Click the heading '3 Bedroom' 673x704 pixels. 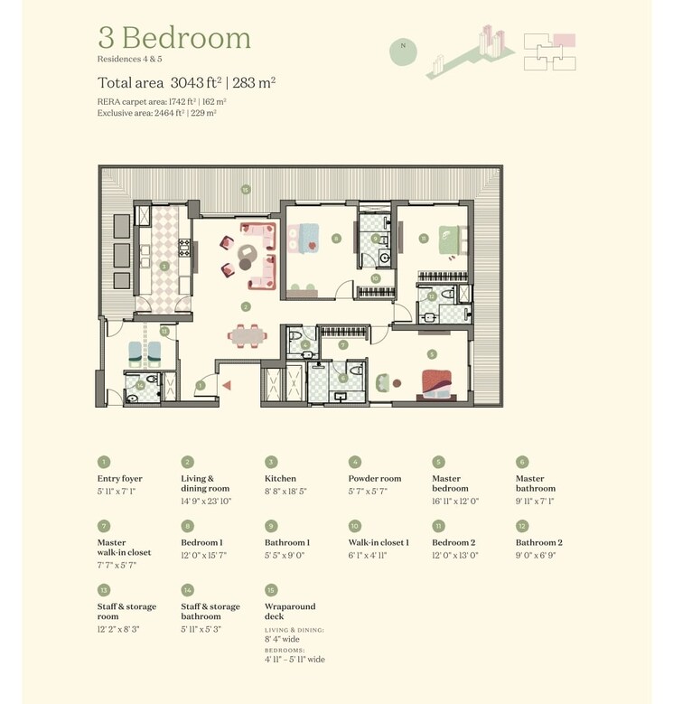(x=173, y=38)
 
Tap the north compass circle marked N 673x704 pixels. (x=403, y=51)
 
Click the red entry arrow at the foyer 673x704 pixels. (x=227, y=385)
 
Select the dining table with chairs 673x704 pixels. (x=247, y=335)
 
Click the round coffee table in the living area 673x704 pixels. (x=246, y=265)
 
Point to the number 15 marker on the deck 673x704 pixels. (x=245, y=189)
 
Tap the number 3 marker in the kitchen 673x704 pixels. (x=164, y=267)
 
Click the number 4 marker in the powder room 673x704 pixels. (x=306, y=344)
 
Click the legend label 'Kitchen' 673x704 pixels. (x=281, y=479)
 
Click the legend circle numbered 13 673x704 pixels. (x=104, y=590)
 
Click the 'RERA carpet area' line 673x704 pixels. (x=162, y=101)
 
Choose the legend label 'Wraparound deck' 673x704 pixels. (x=289, y=612)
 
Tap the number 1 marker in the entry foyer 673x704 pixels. (x=201, y=385)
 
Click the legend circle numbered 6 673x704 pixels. (x=522, y=462)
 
